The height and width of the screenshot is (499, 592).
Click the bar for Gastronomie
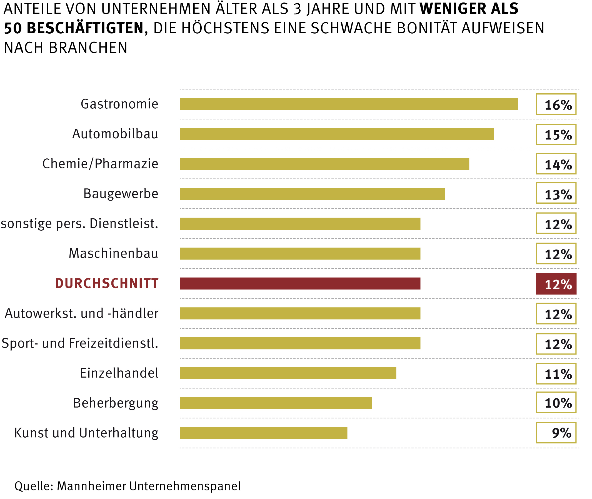point(348,104)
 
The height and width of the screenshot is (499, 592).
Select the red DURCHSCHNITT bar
point(300,283)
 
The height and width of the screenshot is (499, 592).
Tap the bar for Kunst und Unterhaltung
point(263,433)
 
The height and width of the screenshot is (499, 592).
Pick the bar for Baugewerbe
point(312,194)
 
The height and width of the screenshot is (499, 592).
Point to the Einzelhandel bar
point(288,373)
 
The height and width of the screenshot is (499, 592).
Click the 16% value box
point(556,104)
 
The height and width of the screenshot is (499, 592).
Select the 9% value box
point(556,433)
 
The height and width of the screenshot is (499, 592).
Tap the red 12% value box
point(556,284)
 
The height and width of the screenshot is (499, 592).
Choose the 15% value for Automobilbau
point(556,134)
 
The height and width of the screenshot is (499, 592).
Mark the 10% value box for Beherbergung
point(556,403)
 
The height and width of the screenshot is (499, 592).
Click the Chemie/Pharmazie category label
point(100,164)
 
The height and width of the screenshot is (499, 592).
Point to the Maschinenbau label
point(113,253)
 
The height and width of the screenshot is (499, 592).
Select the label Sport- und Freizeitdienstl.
point(80,343)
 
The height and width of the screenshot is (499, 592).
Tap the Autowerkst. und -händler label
point(81,313)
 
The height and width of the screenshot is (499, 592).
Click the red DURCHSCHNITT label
point(107,283)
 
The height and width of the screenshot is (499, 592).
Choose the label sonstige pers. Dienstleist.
point(79,223)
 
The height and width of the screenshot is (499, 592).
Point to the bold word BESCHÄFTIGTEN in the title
point(85,28)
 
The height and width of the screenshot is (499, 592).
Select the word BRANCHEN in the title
point(88,48)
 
